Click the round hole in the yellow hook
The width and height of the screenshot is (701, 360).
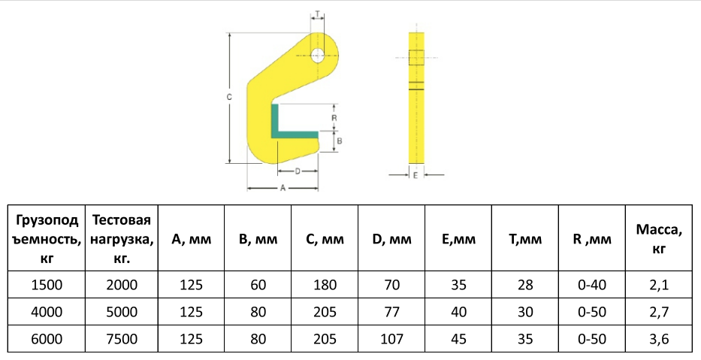(318, 55)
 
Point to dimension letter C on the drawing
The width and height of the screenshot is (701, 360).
(229, 97)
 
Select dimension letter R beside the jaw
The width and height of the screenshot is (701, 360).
(334, 118)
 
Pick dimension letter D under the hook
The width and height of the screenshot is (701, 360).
(298, 171)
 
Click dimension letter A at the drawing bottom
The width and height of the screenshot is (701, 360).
(283, 189)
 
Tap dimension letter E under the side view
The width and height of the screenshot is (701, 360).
(415, 175)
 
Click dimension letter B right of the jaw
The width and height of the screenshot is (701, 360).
(340, 141)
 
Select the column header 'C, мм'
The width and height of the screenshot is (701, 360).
(325, 239)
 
